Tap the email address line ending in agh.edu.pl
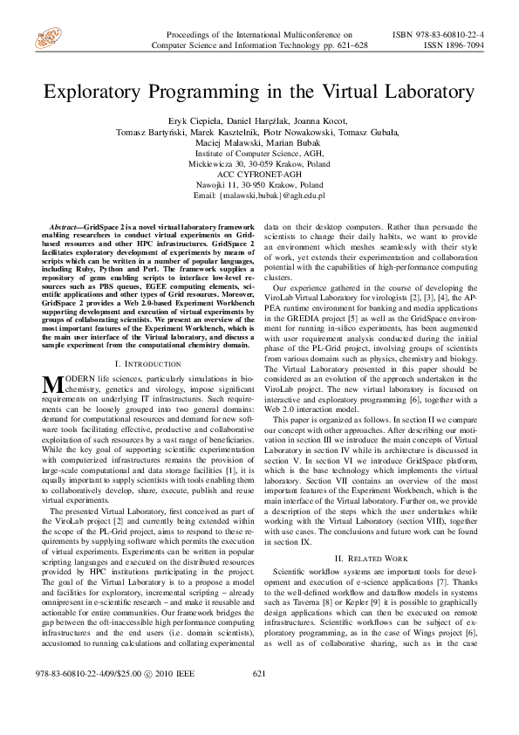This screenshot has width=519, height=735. click(x=260, y=195)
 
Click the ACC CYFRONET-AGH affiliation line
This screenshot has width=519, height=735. click(x=260, y=174)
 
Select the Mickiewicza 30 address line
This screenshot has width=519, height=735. click(x=260, y=163)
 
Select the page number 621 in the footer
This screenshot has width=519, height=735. click(x=258, y=697)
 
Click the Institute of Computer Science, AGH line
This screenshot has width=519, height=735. click(x=260, y=153)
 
